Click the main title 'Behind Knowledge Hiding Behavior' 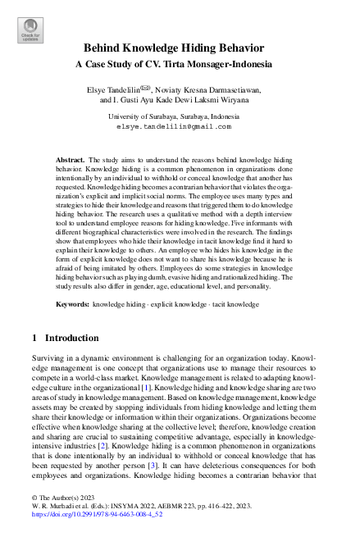coord(180,49)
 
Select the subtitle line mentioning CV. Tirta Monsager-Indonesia coord(180,63)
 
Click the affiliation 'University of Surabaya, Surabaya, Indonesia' coord(180,118)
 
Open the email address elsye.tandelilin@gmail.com coord(180,128)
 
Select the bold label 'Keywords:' coord(74,304)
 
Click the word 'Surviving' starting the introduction coord(47,359)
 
